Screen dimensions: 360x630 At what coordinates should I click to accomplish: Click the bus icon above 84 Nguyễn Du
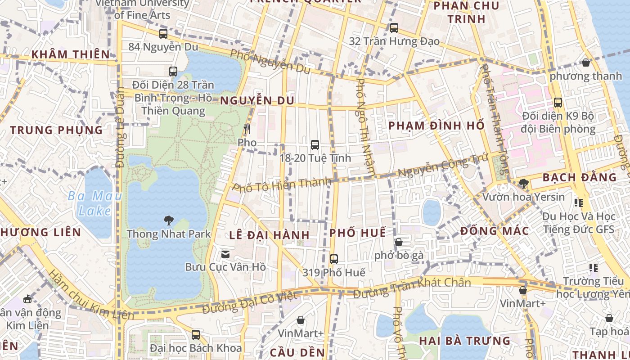coord(163,33)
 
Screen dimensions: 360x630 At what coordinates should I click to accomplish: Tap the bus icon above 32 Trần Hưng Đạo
coord(394,28)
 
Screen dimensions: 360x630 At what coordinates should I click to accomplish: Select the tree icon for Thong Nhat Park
coord(169,220)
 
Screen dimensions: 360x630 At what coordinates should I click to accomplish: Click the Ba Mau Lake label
coord(89,203)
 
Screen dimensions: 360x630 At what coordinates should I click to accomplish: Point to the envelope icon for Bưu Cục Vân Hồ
coord(225,254)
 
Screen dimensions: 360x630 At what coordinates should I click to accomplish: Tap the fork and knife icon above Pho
coord(247,130)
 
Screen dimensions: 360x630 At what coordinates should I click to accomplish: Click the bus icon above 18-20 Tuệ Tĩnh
coord(315,145)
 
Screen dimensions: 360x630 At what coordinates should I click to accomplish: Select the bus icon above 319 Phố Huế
coord(334,259)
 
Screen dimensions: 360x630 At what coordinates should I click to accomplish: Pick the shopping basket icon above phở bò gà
coord(399,243)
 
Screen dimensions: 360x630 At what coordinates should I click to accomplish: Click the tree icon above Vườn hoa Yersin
coord(523,183)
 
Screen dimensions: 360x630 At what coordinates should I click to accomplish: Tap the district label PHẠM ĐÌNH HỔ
coord(436,126)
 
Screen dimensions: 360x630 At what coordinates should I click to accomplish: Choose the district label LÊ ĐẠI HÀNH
coord(269,235)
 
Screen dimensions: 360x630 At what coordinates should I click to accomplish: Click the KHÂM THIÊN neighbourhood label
coord(71,55)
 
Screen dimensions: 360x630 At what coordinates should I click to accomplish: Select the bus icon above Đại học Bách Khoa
coord(196,335)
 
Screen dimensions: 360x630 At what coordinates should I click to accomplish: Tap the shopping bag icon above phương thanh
coord(586,63)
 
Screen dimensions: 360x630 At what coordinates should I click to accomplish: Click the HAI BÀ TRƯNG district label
coord(465,341)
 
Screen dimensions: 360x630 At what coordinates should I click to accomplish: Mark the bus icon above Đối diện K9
coord(558,103)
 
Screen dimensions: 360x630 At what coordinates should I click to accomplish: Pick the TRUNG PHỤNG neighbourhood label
coord(57,130)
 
